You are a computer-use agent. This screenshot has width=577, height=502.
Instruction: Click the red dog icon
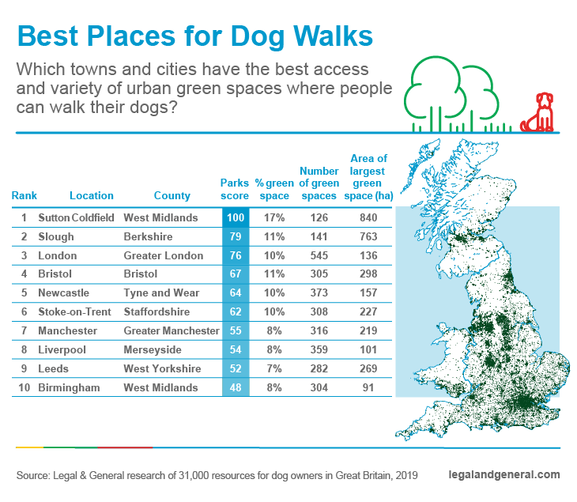point(538,112)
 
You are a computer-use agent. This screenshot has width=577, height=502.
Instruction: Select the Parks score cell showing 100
point(236,217)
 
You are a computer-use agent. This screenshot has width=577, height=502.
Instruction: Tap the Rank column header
point(25,195)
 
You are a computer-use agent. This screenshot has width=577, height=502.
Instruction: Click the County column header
point(172,195)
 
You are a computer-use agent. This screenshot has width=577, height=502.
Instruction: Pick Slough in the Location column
point(56,236)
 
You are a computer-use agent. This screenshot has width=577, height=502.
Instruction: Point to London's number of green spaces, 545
point(319,255)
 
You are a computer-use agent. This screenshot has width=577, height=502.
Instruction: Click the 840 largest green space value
point(368,217)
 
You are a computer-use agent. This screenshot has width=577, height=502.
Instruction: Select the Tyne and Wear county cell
point(161,293)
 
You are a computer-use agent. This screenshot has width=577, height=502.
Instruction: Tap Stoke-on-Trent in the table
point(74,311)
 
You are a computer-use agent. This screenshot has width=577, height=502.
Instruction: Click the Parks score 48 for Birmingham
point(236,387)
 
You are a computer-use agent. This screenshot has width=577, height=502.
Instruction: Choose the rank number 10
point(25,387)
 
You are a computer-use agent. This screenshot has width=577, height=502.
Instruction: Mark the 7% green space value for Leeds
point(274,368)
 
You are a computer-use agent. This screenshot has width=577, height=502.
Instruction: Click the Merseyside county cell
point(153,349)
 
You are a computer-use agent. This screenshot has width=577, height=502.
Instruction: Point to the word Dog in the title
point(258,37)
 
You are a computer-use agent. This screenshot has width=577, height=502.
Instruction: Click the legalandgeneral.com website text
point(504,475)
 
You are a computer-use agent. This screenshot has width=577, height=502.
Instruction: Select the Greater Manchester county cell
point(172,330)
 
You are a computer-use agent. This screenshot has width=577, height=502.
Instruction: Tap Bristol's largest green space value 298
point(368,274)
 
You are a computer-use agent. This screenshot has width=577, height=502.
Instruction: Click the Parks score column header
point(235,189)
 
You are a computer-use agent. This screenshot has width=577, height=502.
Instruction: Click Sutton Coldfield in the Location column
point(76,217)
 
